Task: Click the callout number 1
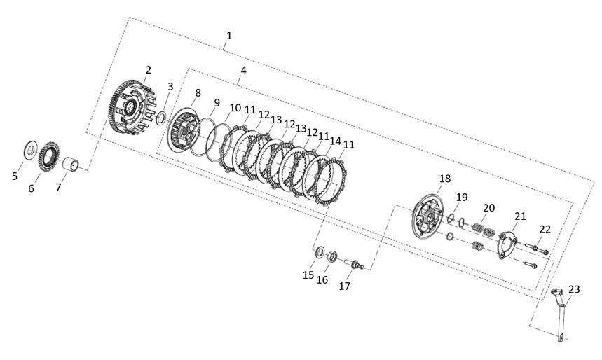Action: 229,36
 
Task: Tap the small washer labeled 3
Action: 161,118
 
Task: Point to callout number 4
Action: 243,70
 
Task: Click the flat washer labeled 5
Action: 30,150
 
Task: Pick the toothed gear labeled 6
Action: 49,157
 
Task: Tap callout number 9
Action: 217,102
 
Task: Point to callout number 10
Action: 235,108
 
